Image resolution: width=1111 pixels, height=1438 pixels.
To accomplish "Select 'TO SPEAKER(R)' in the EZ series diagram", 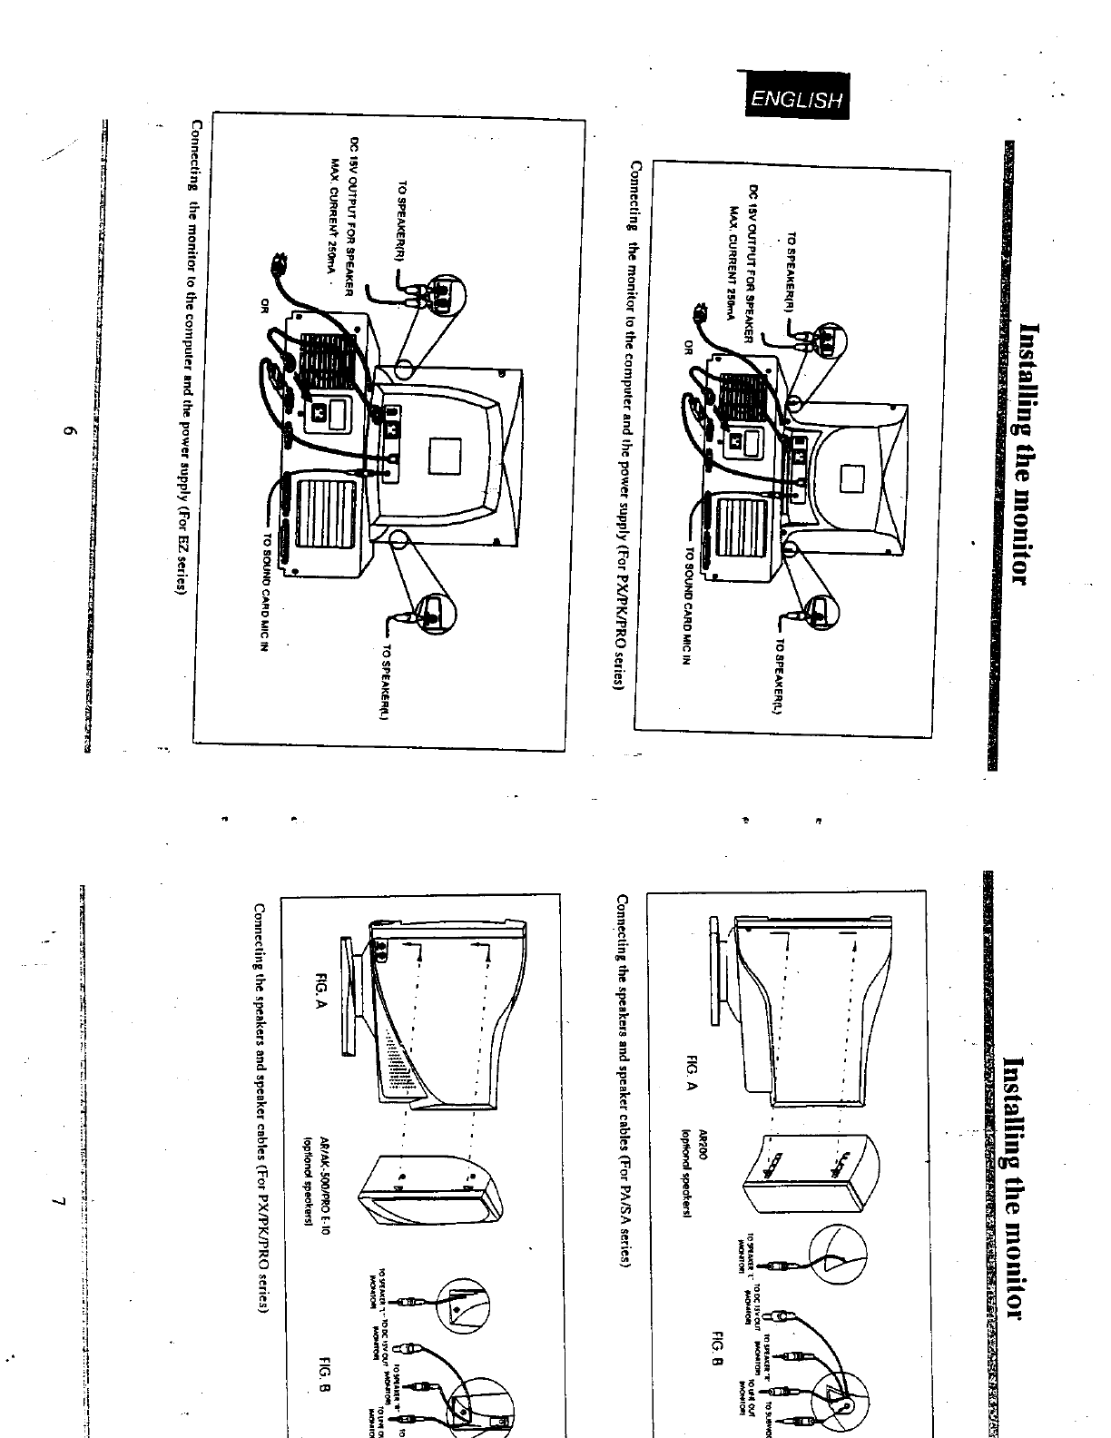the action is click(x=399, y=222).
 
